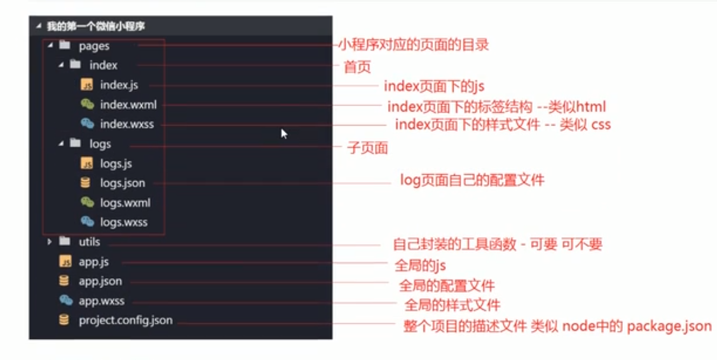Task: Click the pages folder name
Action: (94, 46)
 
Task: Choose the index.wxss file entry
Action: (127, 125)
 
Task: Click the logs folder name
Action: (100, 143)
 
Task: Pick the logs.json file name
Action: (122, 183)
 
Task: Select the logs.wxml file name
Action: (125, 203)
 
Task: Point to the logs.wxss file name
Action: (123, 222)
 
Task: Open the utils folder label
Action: (89, 242)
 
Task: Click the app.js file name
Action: (94, 262)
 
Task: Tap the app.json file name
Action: (100, 282)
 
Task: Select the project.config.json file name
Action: (126, 320)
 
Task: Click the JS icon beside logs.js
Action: (86, 163)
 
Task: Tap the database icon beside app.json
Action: (64, 281)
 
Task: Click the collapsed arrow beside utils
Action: (49, 242)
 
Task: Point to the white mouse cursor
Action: (283, 133)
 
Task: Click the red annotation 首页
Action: (358, 68)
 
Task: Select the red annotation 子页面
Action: (367, 148)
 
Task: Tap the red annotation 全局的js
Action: (420, 266)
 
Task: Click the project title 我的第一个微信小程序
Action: (95, 26)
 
